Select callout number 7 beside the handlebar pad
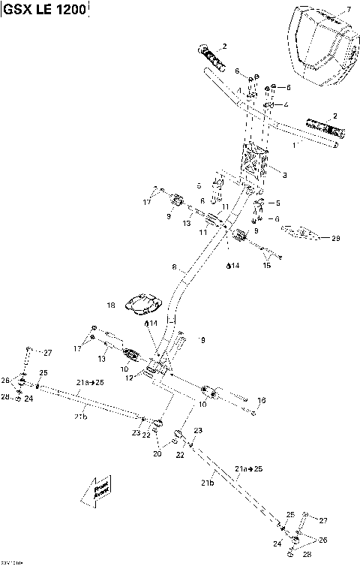point(347,10)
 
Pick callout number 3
point(284,173)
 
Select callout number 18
point(111,306)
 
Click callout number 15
point(266,265)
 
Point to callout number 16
point(262,400)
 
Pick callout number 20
point(157,453)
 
